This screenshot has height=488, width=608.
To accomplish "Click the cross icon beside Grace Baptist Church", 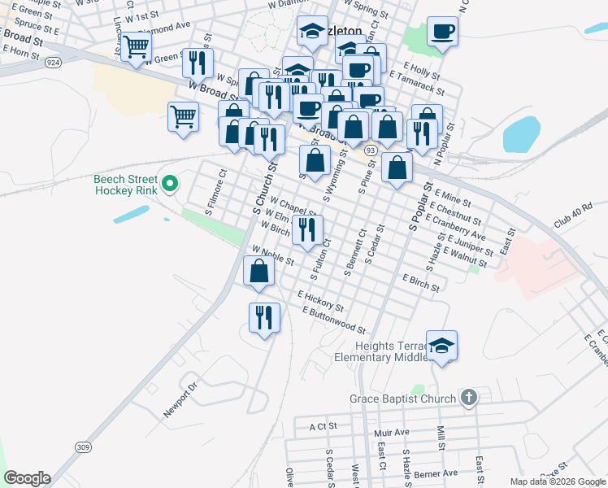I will coord(468,398).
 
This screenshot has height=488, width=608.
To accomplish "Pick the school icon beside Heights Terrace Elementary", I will coord(441,346).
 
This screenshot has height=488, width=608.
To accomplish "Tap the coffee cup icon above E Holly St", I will coord(442,33).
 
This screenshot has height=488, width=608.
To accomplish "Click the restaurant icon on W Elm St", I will coord(307,230).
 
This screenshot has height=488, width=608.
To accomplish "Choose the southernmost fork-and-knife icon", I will coord(264,318).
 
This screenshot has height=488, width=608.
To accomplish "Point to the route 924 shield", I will coord(54,62).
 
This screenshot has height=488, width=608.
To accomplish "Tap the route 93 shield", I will coord(371,150).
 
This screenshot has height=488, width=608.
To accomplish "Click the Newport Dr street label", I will coord(180,401).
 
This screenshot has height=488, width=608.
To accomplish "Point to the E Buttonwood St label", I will coord(333,320).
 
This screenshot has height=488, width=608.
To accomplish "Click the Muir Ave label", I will coord(392,434).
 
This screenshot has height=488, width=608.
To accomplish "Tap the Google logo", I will coord(27,478).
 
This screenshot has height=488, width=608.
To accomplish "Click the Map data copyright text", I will coord(558,481).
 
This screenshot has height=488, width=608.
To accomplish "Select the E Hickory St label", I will coord(320,302).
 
